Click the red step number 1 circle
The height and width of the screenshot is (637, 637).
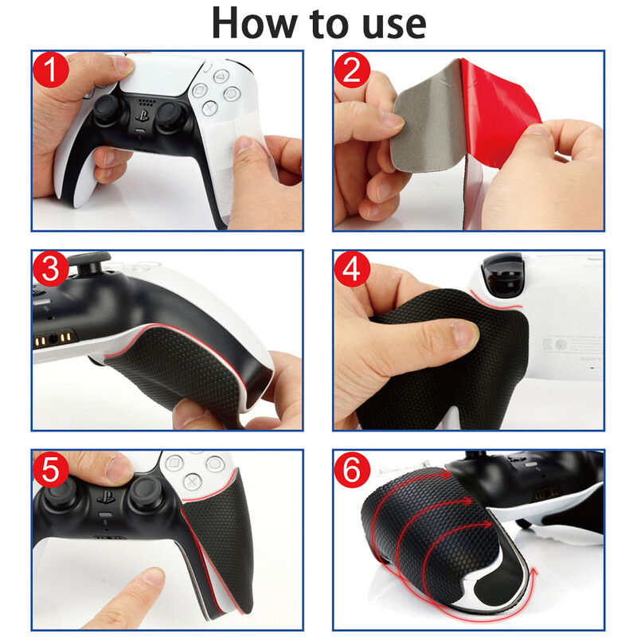click(51, 69)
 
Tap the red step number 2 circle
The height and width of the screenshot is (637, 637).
click(352, 69)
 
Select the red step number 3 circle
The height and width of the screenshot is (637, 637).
click(51, 269)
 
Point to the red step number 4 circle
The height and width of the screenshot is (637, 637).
click(352, 269)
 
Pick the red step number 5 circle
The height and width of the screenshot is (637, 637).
click(51, 469)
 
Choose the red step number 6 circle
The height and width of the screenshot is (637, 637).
click(352, 469)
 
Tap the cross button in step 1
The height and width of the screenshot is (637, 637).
click(209, 108)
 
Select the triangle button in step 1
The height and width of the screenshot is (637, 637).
click(222, 76)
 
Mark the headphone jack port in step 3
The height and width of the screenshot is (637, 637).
click(53, 338)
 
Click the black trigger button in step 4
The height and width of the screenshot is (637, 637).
click(502, 277)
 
